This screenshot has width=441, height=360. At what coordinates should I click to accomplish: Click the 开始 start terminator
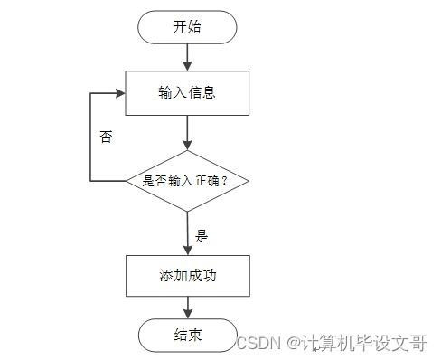click(x=187, y=27)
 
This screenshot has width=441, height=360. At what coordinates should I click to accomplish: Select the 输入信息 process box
click(x=187, y=92)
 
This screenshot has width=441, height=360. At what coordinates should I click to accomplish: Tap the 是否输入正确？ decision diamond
click(x=187, y=181)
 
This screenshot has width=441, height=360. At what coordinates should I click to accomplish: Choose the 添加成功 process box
click(x=187, y=276)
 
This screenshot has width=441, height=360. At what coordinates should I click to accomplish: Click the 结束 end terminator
click(x=187, y=336)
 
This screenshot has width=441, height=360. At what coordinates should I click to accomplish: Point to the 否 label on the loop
click(x=107, y=138)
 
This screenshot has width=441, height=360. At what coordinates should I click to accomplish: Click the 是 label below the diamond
click(x=202, y=236)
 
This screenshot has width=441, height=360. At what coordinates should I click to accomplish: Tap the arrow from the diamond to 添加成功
click(x=187, y=233)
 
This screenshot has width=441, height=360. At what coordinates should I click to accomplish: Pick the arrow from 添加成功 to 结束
click(x=187, y=307)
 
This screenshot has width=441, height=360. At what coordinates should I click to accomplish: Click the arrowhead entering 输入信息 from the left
click(x=119, y=92)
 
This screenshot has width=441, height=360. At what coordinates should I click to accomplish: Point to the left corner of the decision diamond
click(x=127, y=181)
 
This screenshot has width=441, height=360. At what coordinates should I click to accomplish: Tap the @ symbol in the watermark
click(x=294, y=343)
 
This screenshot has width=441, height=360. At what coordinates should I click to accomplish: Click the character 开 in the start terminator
click(x=180, y=27)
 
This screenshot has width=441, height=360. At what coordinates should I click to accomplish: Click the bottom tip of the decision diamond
click(x=187, y=212)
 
